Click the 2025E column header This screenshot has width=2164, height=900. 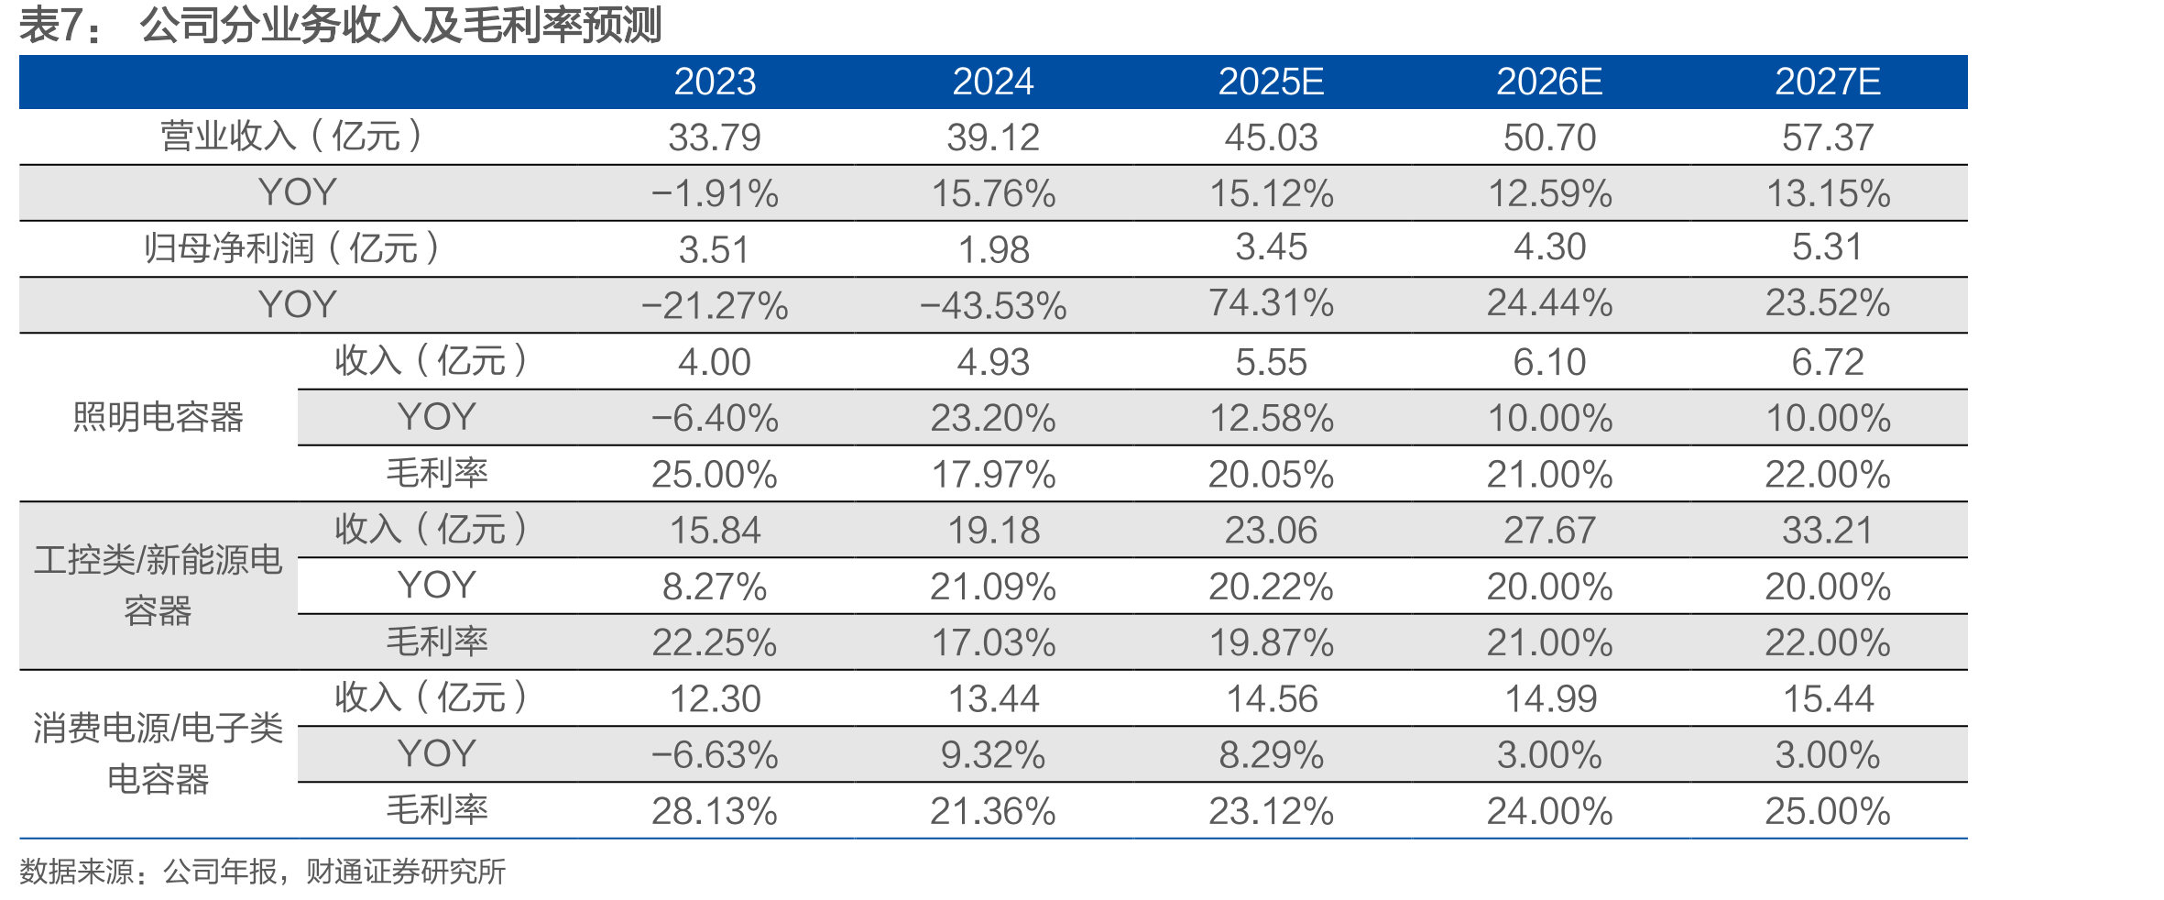[1271, 82]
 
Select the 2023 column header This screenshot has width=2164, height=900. [715, 82]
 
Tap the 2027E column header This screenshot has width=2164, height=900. [1828, 82]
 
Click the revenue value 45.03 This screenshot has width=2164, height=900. [1271, 137]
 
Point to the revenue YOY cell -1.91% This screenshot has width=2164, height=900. [715, 193]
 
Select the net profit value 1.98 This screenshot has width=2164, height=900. [993, 249]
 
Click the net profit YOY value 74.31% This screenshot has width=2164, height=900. [1271, 302]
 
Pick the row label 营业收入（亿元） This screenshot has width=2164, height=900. [292, 137]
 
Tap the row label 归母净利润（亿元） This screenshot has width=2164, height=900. [292, 248]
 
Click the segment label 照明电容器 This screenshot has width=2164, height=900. [158, 417]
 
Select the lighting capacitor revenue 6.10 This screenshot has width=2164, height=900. [1549, 362]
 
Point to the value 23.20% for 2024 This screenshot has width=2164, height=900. [993, 418]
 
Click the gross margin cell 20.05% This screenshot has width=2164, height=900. [1271, 474]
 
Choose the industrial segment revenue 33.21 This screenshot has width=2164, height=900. [1828, 530]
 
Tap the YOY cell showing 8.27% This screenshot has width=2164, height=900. [715, 587]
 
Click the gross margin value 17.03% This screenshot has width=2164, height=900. [993, 642]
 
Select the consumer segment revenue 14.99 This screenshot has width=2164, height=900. [1550, 699]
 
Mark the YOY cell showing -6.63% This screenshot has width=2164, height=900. [715, 755]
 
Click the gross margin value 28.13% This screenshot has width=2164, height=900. [715, 811]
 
